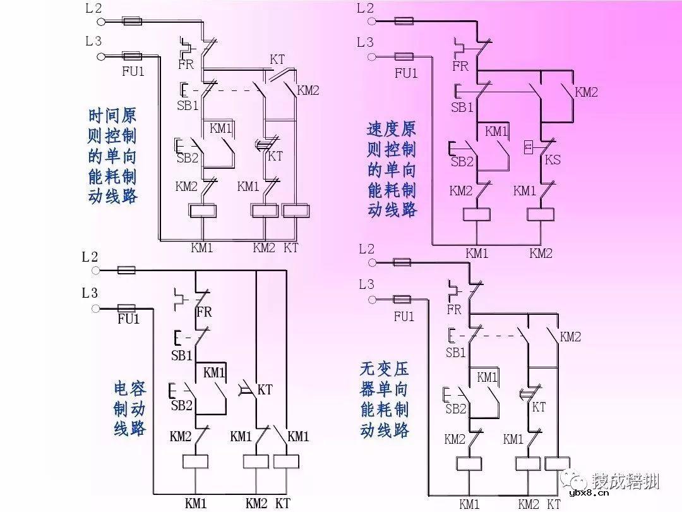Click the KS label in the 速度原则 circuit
point(553,160)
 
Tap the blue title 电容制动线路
point(129,408)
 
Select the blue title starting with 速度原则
point(392,169)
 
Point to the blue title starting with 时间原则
point(112,155)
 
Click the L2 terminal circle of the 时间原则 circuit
point(101,21)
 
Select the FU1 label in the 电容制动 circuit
point(128,319)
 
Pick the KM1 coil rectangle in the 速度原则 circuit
point(477,213)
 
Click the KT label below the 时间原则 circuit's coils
point(290,248)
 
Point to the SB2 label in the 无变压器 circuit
point(455,409)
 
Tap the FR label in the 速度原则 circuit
point(460,66)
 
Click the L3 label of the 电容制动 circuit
point(90,293)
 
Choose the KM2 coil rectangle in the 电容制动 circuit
point(256,461)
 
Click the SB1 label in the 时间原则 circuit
point(188,106)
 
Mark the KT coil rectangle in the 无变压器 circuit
point(556,463)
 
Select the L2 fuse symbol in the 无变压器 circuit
point(402,262)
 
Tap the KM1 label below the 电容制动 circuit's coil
point(196,503)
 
